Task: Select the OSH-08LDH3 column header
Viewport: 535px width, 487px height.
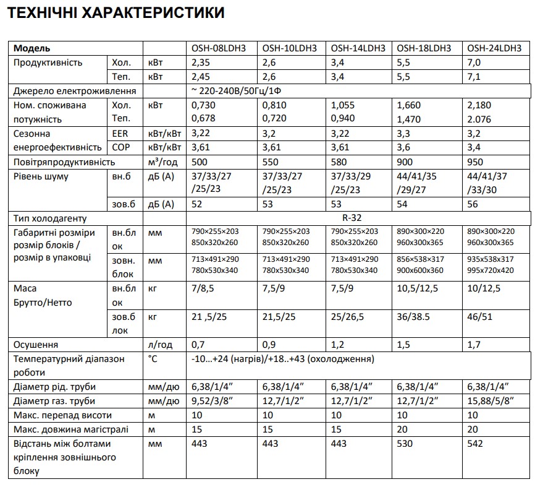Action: [220, 48]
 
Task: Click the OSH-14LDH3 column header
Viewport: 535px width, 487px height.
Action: [358, 48]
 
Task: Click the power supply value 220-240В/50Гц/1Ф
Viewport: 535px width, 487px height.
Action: [240, 91]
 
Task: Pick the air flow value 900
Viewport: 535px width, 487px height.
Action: [405, 162]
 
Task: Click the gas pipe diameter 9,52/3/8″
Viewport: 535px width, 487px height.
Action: [216, 401]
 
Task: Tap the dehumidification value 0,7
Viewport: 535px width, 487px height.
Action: [198, 345]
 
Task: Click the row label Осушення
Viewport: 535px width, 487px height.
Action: [36, 345]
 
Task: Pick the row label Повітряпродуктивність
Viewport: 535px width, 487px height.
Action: [64, 162]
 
